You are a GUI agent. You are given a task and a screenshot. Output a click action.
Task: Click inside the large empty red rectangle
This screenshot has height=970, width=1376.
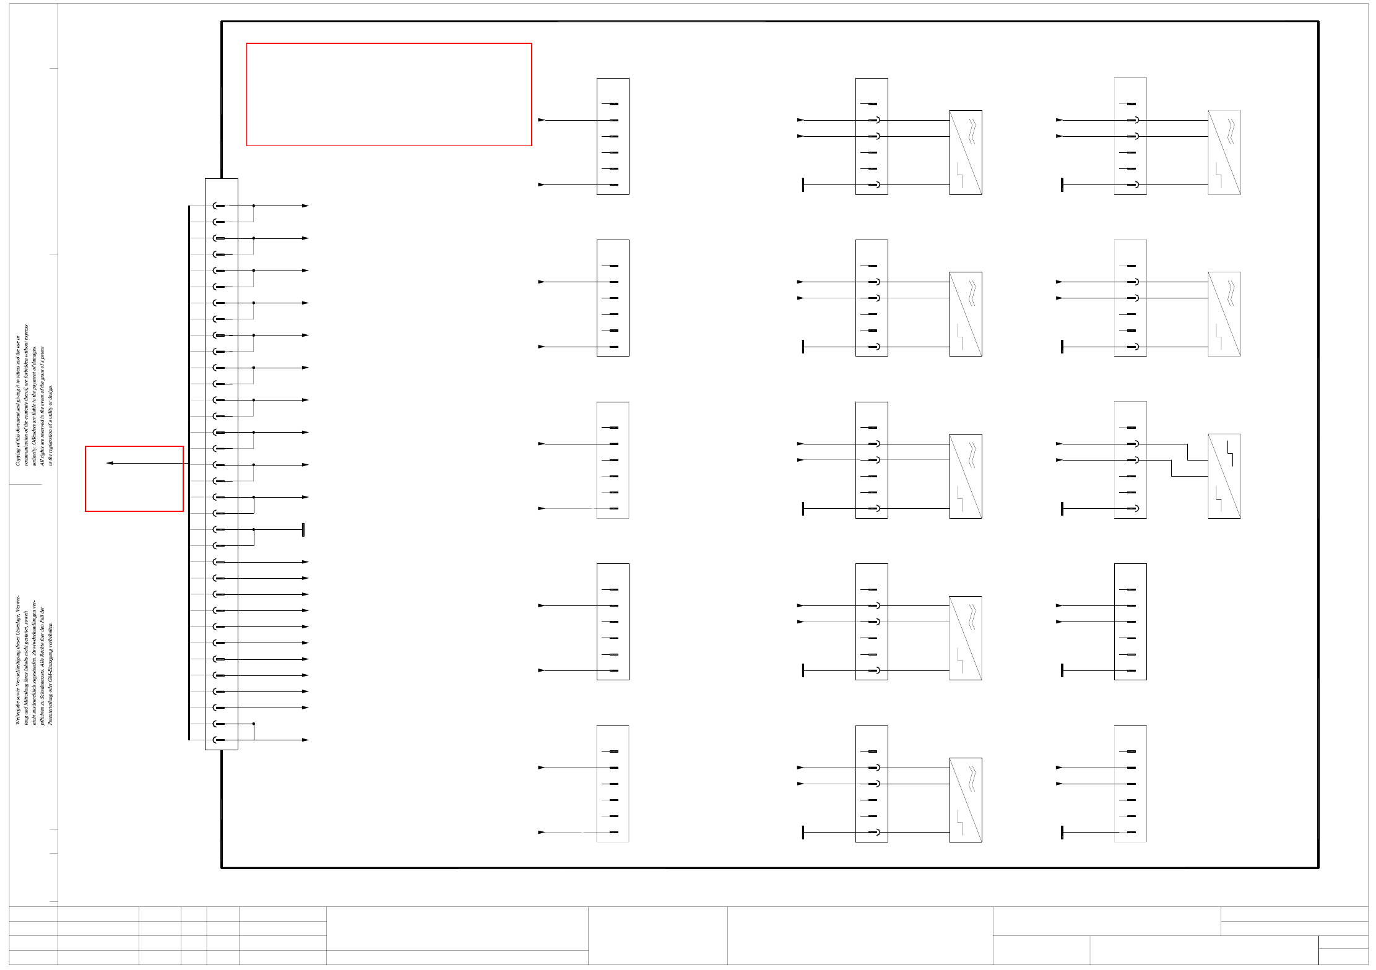pos(389,94)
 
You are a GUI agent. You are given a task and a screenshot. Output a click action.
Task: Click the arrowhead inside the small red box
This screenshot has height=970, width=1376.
pos(110,463)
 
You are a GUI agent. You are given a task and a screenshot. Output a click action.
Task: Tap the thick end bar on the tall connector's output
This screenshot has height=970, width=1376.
pos(303,530)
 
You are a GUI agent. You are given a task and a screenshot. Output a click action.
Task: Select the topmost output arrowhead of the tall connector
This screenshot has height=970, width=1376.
pos(305,206)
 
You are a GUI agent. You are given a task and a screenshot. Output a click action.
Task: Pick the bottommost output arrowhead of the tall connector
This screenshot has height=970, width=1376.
pos(305,740)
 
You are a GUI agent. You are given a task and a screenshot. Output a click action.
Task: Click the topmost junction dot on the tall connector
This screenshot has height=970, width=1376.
pos(254,206)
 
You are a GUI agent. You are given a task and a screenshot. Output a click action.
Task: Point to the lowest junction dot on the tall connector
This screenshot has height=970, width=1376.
pos(254,724)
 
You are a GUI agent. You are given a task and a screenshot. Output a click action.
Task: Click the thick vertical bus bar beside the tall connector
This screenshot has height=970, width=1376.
pos(189,470)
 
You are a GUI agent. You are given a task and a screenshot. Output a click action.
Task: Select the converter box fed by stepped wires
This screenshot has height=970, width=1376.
pos(1224,476)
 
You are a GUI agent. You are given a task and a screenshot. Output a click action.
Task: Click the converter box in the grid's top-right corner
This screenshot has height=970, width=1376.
pos(1224,152)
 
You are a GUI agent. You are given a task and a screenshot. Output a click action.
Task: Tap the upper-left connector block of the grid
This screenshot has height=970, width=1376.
pos(613,136)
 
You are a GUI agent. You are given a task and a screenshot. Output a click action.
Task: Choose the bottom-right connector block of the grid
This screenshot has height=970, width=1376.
pos(1130,784)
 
